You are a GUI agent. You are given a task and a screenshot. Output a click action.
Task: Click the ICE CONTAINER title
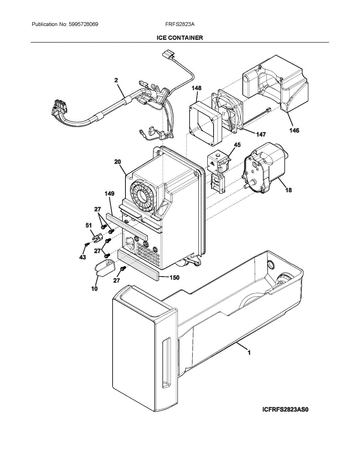coord(180,38)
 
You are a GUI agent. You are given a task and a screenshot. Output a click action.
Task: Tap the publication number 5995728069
coord(83,24)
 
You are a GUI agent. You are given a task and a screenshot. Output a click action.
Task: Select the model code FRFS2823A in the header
coord(180,24)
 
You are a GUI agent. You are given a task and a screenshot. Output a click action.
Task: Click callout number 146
coord(294,130)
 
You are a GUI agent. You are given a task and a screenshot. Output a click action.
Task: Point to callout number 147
coord(261,134)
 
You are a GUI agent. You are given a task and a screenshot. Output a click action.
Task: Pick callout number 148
coord(197,88)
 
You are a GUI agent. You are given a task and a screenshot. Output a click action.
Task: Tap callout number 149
coord(110,194)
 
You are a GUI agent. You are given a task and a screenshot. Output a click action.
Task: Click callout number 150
coord(174,278)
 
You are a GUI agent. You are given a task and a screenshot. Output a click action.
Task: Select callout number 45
coord(237,145)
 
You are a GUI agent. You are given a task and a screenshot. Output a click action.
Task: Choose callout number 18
coord(289,190)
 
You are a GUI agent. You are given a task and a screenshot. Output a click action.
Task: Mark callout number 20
coord(118,162)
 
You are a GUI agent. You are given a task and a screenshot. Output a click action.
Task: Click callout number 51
coord(89,225)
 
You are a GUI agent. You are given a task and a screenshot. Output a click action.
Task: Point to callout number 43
coord(83,257)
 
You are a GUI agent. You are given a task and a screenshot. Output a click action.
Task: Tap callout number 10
coord(94,289)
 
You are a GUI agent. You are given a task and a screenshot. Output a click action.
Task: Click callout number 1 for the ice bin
coord(249,352)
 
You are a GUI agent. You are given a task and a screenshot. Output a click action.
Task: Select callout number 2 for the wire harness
coord(116,80)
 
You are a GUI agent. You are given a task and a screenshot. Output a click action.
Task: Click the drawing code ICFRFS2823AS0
coord(285,410)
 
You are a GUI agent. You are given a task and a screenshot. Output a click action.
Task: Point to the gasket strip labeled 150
coord(139,265)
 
